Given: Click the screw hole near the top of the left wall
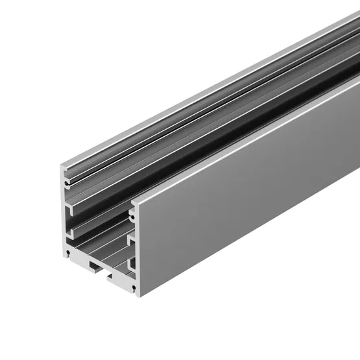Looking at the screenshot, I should pyautogui.click(x=67, y=184).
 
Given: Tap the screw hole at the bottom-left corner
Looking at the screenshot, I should pyautogui.click(x=68, y=250).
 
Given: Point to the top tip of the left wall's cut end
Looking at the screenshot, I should pyautogui.click(x=64, y=167).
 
